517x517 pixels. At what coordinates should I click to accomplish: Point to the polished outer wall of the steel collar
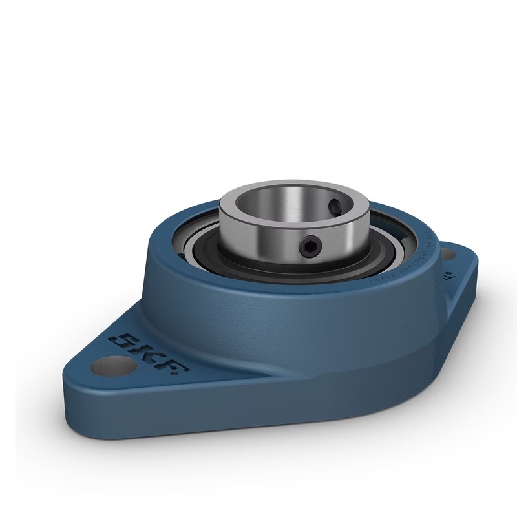(258, 239)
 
